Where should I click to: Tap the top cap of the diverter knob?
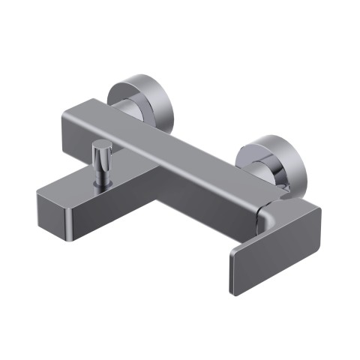[100, 143]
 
